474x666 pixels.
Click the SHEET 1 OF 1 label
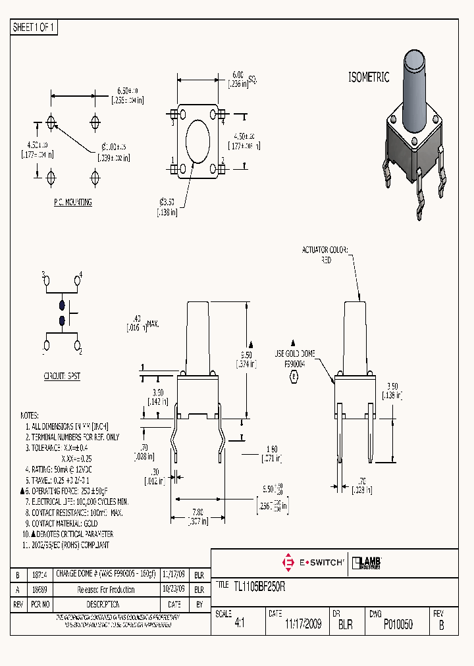pos(35,28)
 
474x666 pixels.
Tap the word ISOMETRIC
pos(369,77)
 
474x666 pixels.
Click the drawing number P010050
pos(398,625)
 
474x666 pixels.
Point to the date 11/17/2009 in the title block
pos(303,625)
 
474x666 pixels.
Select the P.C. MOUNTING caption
pos(72,202)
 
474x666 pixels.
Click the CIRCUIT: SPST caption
pos(62,376)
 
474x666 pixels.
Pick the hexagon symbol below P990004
pos(294,376)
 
